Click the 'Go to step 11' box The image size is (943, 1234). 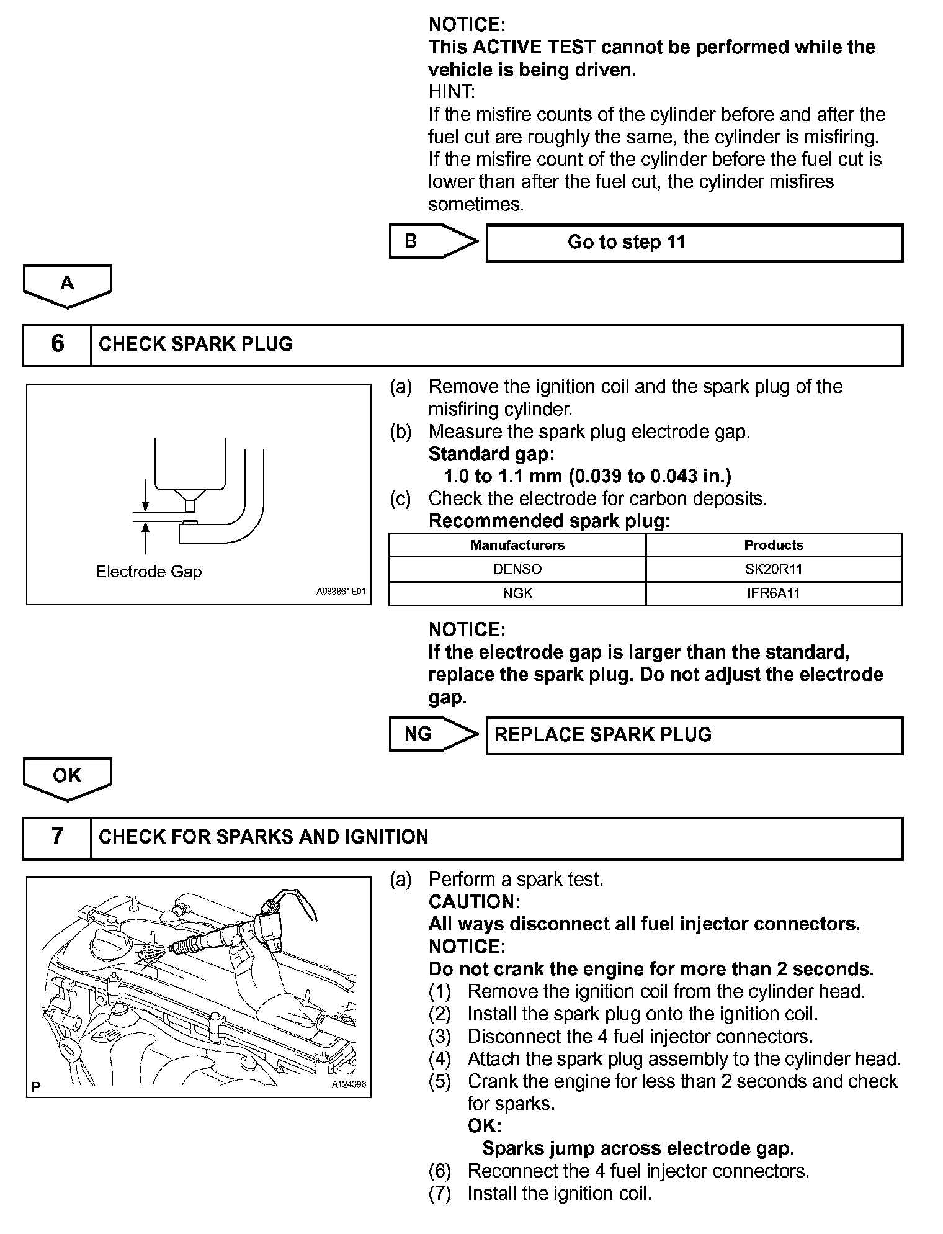coord(694,243)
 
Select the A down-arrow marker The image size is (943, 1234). coord(67,284)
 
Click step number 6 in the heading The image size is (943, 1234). coord(57,344)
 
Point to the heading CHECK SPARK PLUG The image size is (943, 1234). coord(195,344)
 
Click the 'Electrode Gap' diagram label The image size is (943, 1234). coord(149,571)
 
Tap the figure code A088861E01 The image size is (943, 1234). coord(341,592)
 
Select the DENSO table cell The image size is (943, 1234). coord(517,569)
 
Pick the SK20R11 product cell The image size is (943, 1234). coord(774,569)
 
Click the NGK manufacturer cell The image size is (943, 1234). coord(517,593)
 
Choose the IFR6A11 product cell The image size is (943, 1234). coord(774,593)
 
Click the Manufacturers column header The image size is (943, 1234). coord(517,545)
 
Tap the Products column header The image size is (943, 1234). coord(774,545)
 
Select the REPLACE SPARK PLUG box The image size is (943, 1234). coord(694,736)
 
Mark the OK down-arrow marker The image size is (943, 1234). coord(67,777)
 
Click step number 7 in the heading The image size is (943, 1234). coord(57,837)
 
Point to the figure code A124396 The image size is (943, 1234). coord(349,1084)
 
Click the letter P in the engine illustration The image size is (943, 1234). coord(35,1086)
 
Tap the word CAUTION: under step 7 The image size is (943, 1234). coord(474,901)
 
